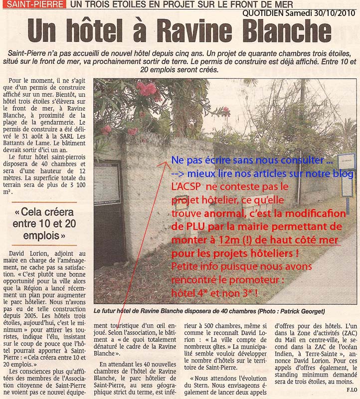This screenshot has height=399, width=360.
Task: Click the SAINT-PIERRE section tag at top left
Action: coord(33,4)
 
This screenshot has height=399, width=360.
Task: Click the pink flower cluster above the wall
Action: coord(149,92)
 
